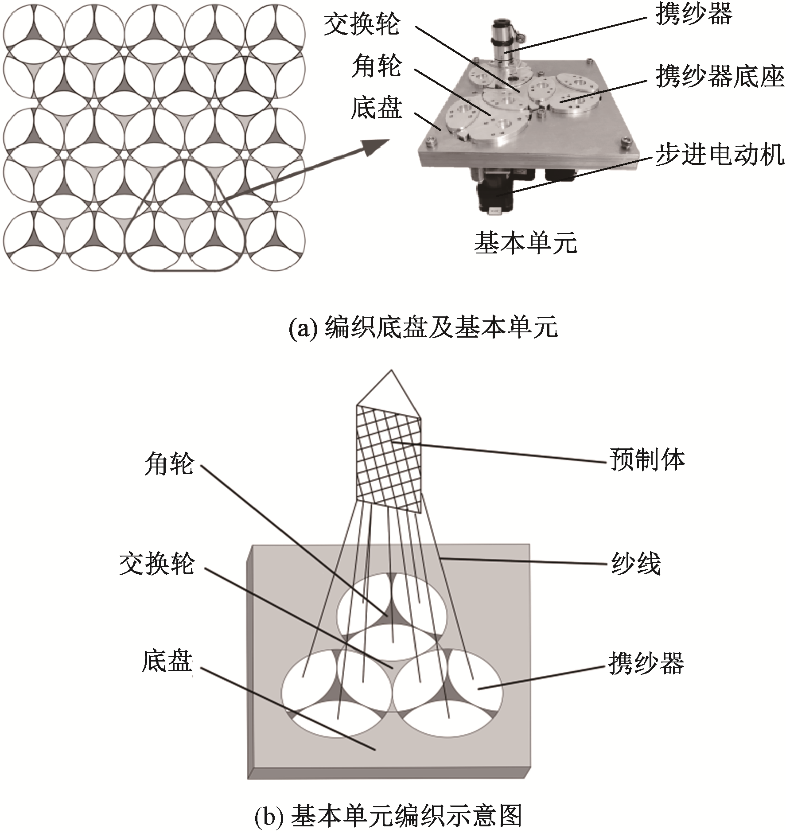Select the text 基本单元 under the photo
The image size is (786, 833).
[525, 243]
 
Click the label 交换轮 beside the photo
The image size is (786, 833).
[362, 24]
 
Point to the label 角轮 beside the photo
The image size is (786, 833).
[377, 66]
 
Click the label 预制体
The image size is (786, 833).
[647, 459]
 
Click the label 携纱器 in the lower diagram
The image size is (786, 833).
[646, 663]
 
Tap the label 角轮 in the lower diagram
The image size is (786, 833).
[169, 465]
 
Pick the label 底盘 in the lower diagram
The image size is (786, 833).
[167, 661]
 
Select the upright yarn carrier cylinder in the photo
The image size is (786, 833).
[502, 42]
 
